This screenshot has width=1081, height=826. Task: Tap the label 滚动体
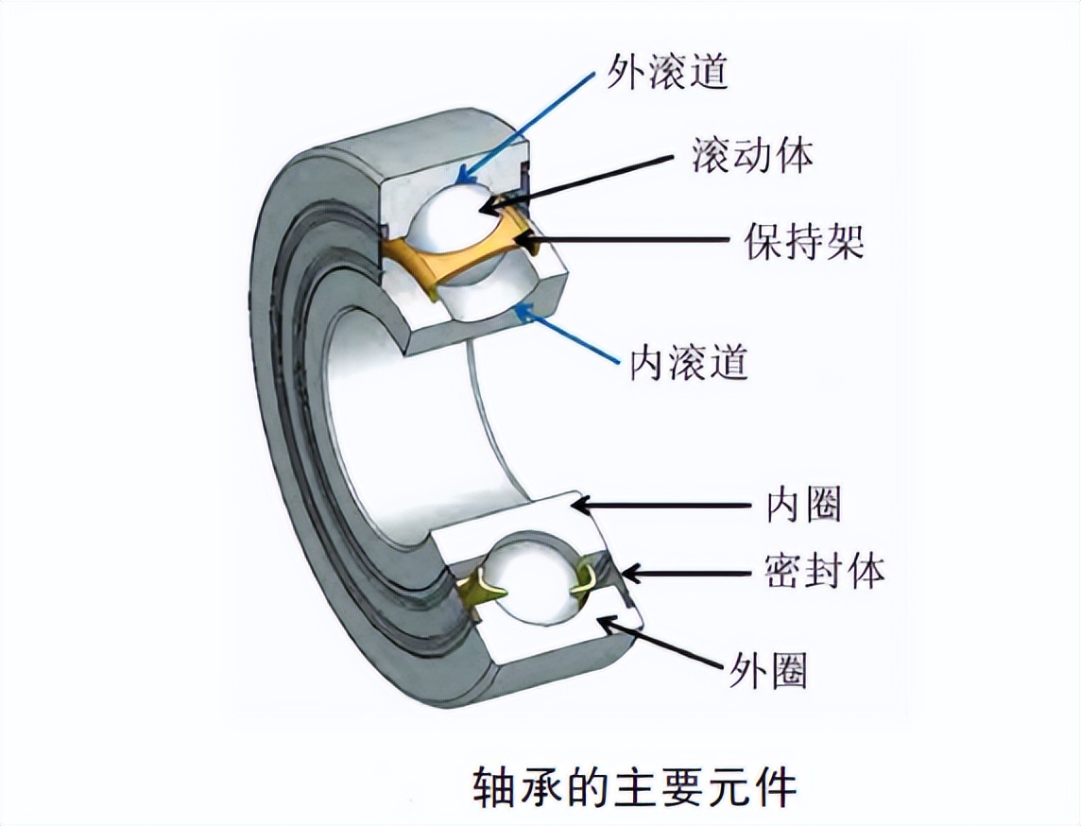click(752, 156)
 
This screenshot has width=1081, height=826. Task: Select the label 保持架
click(804, 241)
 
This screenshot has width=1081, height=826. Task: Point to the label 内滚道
click(689, 362)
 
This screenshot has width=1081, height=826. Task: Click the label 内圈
click(803, 508)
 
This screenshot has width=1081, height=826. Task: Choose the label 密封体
click(825, 571)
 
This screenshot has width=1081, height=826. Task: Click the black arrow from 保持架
click(624, 239)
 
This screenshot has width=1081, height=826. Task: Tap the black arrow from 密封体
click(690, 572)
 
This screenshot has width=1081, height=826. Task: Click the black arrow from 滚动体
click(586, 180)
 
